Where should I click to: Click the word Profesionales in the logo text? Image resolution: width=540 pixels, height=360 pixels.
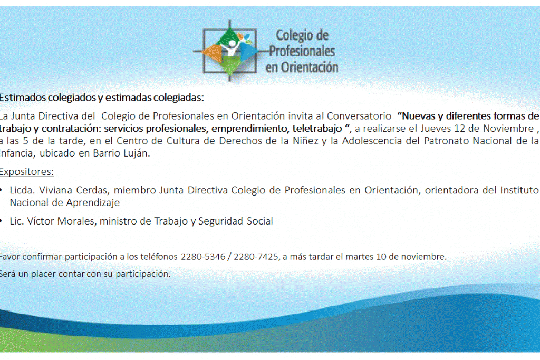tap(302, 51)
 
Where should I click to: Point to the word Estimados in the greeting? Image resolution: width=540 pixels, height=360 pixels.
tap(23, 98)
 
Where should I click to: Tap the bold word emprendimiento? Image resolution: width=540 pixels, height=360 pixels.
tap(250, 129)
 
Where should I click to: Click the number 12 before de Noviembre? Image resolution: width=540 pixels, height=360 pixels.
tap(459, 129)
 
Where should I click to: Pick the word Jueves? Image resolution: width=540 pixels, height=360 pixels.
tap(435, 129)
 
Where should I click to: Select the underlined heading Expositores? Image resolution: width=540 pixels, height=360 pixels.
tap(26, 172)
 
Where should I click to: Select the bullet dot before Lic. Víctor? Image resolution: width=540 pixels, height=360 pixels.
tap(3, 221)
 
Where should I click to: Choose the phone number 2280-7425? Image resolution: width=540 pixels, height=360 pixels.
tap(256, 257)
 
